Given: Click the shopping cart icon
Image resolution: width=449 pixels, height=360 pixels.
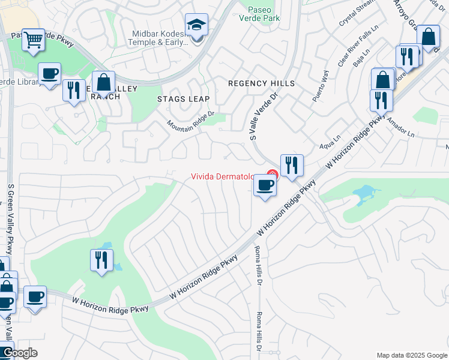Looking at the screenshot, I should click(x=33, y=40).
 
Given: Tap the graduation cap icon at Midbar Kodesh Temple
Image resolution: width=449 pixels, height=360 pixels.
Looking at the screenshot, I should click(x=196, y=25).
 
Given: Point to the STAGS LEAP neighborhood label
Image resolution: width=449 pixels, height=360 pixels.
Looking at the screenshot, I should click(x=183, y=98).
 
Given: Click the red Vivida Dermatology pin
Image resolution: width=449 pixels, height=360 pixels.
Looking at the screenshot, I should click(x=272, y=176).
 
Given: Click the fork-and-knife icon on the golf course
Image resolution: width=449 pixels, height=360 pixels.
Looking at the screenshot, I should click(x=101, y=260).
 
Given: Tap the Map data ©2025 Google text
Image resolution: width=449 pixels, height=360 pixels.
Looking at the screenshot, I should click(x=411, y=355).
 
